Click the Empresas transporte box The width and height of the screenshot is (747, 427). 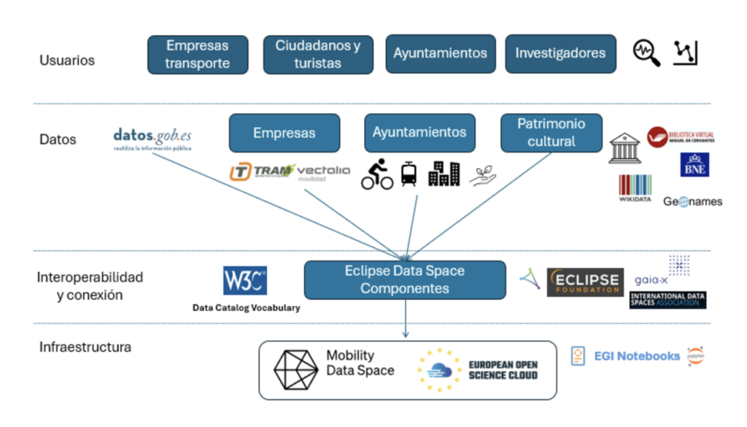[198, 55]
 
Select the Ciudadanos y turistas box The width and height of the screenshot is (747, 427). [318, 55]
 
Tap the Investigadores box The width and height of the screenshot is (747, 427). [560, 54]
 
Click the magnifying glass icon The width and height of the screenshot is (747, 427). [646, 53]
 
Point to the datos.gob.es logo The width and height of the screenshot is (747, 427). [152, 139]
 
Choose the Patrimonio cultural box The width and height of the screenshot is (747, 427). [551, 133]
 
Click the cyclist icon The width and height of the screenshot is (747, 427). [377, 176]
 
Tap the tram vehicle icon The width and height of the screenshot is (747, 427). [409, 174]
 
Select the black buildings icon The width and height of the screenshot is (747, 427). [444, 174]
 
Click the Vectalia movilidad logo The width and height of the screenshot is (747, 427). [324, 173]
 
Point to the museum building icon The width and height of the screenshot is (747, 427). [624, 148]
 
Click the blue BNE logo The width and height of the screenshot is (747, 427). [694, 164]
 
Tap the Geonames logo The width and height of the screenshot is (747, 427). [692, 201]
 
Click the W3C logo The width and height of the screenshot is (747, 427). [245, 281]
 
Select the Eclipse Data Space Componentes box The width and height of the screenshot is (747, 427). [405, 280]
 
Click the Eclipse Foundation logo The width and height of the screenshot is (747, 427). [585, 282]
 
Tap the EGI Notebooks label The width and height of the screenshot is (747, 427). [637, 356]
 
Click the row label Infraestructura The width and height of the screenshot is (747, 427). [85, 347]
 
